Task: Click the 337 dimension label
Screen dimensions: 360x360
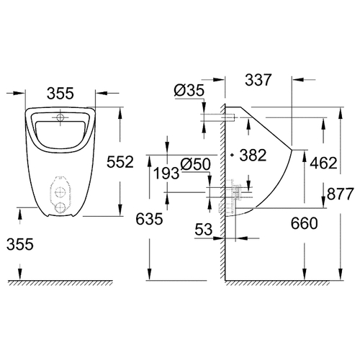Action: point(258,80)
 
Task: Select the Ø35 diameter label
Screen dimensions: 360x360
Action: point(189,91)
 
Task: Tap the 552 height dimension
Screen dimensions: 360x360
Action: point(120,162)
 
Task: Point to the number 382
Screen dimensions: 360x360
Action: point(253,155)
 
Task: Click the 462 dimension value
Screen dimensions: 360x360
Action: point(323,163)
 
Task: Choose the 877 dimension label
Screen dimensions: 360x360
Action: point(341,194)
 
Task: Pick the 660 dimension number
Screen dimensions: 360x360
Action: point(304,223)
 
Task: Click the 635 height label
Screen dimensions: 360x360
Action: point(149,219)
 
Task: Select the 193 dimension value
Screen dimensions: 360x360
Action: point(166,174)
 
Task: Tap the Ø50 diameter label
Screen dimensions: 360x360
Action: point(196,165)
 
